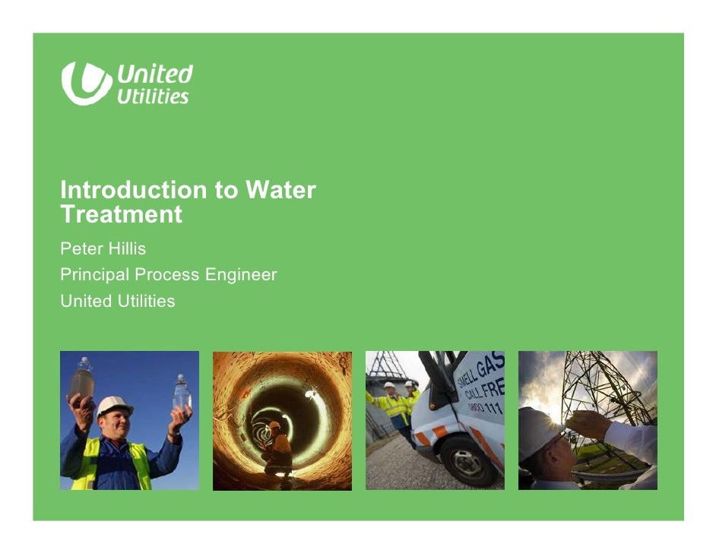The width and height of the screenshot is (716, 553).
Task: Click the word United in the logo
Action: [154, 74]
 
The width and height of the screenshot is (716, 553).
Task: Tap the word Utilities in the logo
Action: [152, 96]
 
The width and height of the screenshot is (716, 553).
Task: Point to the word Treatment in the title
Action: [122, 215]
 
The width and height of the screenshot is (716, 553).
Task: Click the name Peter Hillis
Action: [103, 248]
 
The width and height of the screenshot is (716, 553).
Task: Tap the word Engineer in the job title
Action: [241, 275]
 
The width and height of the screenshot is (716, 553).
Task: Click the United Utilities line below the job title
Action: [118, 302]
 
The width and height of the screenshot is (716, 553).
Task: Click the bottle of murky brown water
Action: [82, 379]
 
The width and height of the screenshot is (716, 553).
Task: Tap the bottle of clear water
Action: [181, 393]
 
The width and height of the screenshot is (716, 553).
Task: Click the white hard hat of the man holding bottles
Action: [114, 406]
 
